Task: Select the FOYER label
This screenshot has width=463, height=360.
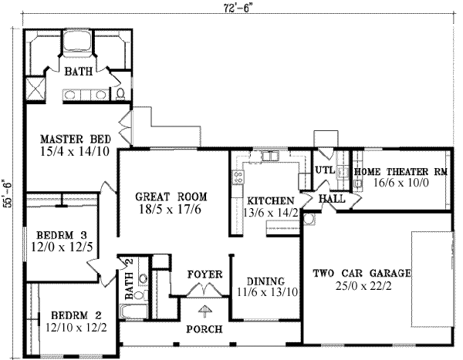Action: pyautogui.click(x=205, y=274)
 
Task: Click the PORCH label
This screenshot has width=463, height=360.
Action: pyautogui.click(x=205, y=329)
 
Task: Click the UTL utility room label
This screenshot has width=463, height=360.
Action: pyautogui.click(x=324, y=170)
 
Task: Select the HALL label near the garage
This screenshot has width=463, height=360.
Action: pyautogui.click(x=332, y=199)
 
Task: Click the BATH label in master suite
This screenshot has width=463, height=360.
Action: pyautogui.click(x=78, y=72)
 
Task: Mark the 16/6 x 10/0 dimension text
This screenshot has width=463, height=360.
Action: pyautogui.click(x=400, y=185)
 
